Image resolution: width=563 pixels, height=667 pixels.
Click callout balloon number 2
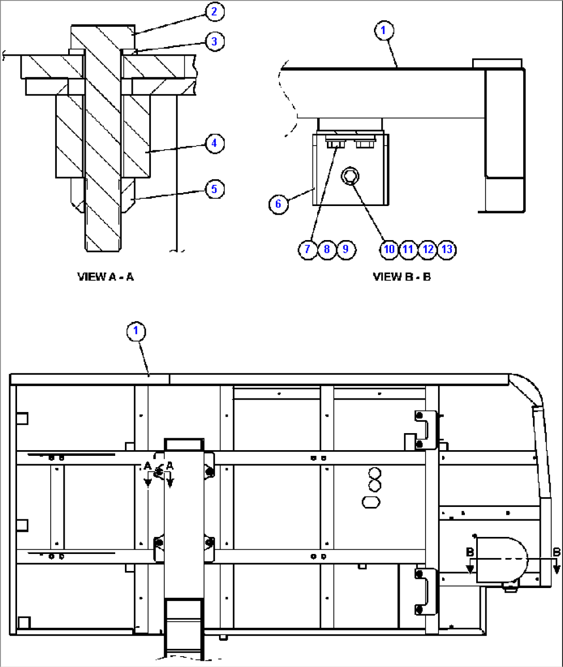click(x=214, y=11)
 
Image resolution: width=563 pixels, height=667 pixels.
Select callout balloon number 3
click(x=214, y=41)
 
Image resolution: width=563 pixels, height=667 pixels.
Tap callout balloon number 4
click(x=214, y=143)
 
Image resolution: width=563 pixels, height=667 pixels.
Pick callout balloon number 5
click(x=214, y=189)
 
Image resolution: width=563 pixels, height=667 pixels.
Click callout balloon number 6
click(x=278, y=204)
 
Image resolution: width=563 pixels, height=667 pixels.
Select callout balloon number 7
click(x=307, y=249)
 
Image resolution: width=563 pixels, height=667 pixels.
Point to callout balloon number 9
click(x=346, y=249)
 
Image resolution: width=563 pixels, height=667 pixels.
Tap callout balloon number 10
click(x=389, y=249)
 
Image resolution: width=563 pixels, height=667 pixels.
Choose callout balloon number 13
click(x=447, y=249)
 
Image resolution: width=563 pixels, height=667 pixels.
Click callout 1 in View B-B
click(x=383, y=30)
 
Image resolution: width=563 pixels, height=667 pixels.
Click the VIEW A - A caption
click(x=105, y=277)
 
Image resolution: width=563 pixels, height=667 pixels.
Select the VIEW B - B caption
click(x=401, y=277)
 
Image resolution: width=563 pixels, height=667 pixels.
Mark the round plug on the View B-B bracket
click(x=350, y=177)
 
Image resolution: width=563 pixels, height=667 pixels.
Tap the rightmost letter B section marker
click(x=556, y=552)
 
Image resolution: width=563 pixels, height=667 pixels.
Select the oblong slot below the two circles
click(x=371, y=501)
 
